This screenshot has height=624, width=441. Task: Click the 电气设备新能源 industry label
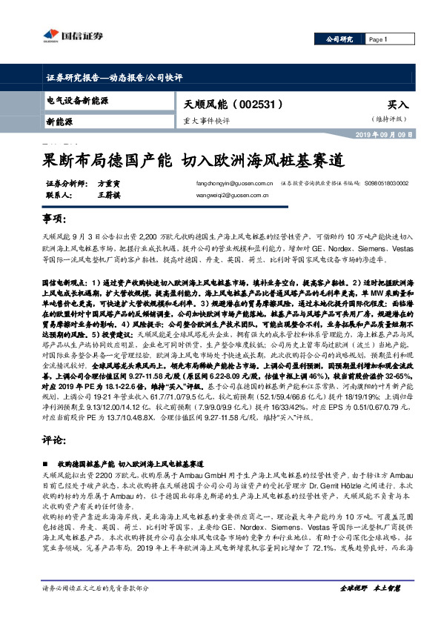(78, 100)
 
